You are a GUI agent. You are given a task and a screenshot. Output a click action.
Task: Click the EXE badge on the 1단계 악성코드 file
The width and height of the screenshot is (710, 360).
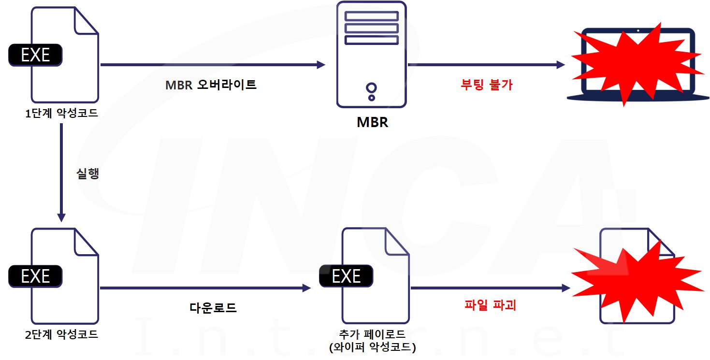click(x=35, y=55)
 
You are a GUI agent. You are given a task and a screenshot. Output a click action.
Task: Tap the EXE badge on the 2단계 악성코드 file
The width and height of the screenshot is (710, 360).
click(x=35, y=276)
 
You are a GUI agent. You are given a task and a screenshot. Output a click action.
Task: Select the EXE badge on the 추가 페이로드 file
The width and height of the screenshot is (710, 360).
click(x=346, y=276)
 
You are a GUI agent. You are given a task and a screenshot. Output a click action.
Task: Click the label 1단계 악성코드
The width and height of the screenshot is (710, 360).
click(x=61, y=115)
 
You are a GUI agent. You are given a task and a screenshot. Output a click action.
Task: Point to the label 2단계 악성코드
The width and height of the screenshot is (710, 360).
click(x=61, y=334)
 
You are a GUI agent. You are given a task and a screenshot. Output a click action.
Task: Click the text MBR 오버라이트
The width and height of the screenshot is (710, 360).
click(x=211, y=85)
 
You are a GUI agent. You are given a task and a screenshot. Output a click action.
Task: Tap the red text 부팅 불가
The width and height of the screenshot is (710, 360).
click(x=486, y=85)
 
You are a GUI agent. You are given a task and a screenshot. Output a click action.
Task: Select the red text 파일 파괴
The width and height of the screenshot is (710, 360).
click(x=490, y=305)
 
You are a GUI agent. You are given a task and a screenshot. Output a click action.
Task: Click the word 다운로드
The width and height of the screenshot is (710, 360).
click(x=213, y=308)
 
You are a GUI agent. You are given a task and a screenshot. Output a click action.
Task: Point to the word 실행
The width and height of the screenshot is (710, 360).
click(x=87, y=174)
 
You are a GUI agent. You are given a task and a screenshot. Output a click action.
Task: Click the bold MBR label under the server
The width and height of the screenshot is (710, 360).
click(x=372, y=122)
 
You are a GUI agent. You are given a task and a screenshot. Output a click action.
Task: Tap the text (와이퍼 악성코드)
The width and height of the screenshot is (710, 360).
click(x=372, y=347)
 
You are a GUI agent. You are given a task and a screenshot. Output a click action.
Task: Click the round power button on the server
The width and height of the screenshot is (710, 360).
click(x=371, y=88)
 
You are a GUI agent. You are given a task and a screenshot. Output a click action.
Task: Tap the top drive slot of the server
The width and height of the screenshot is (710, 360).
click(x=371, y=15)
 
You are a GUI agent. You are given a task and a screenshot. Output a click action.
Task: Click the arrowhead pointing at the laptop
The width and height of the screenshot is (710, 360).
click(x=560, y=64)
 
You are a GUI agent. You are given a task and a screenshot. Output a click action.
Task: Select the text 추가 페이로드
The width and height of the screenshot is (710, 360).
click(x=372, y=335)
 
